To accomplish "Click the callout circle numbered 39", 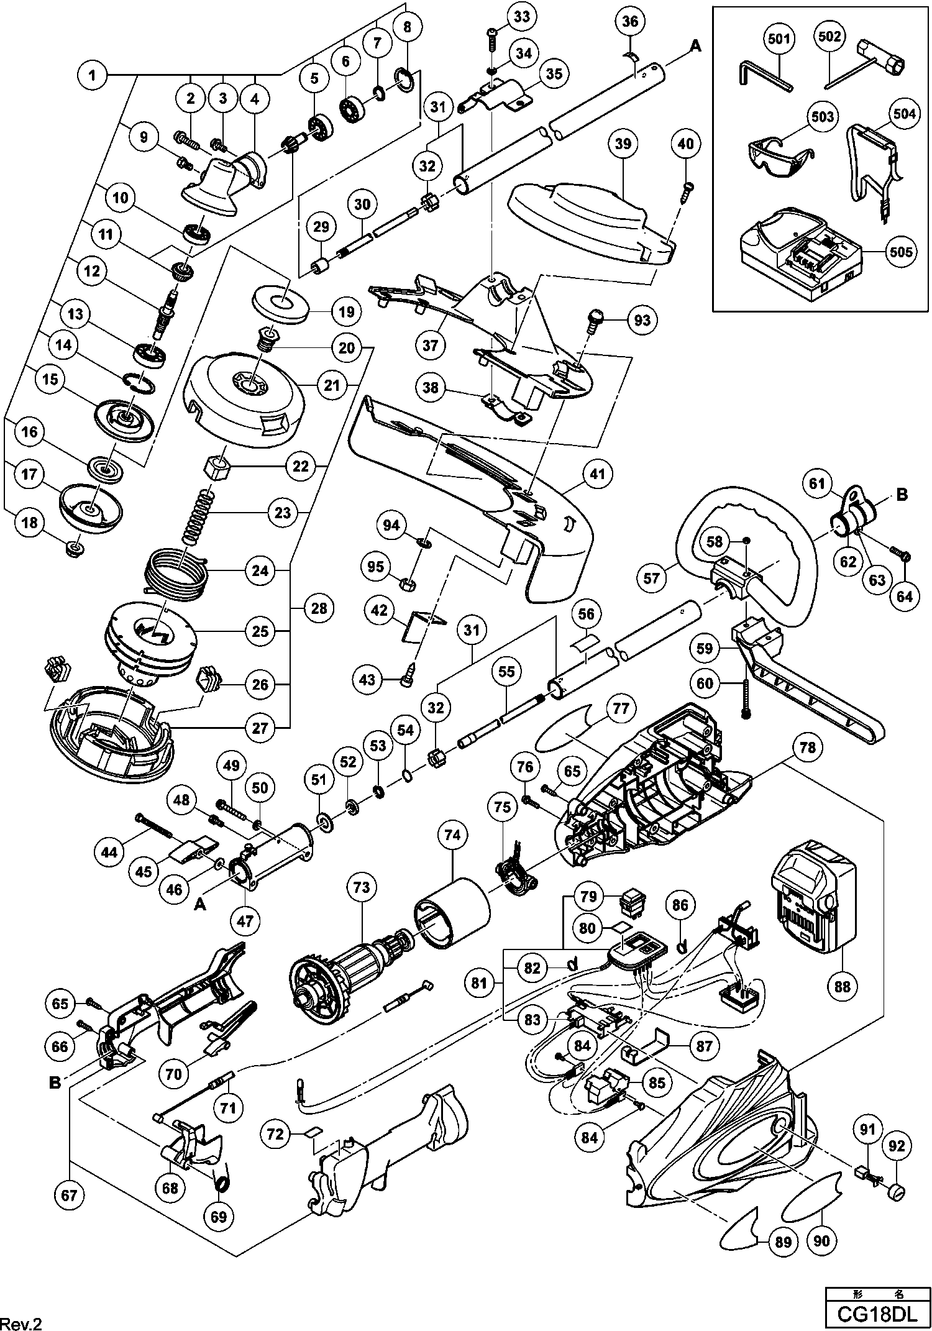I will tap(623, 144).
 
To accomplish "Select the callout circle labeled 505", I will tap(901, 252).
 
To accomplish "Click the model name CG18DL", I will tap(879, 1312).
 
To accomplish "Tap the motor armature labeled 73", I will tap(348, 976).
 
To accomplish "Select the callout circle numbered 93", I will tap(642, 319).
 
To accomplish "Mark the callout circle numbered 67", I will tap(69, 1196).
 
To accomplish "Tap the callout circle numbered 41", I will tap(597, 475).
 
